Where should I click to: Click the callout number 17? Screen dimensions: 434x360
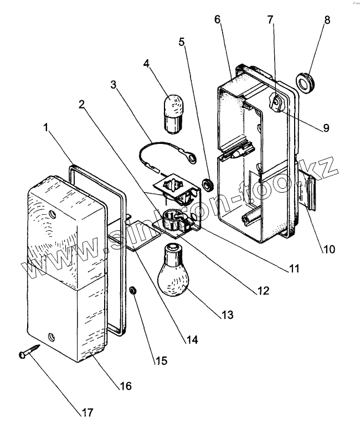click(x=87, y=412)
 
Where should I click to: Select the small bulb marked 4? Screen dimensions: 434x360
click(x=174, y=113)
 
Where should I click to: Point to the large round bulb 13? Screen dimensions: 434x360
click(x=174, y=266)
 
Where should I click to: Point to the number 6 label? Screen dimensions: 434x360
click(x=217, y=19)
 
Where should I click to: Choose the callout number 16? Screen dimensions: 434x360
click(x=126, y=386)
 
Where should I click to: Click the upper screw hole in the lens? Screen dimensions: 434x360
click(x=53, y=213)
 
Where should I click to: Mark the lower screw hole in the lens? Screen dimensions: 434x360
click(x=51, y=336)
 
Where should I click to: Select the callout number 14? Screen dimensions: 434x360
click(x=191, y=339)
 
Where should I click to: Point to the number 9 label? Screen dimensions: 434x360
click(x=325, y=128)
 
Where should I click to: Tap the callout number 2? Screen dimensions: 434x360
click(x=82, y=104)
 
